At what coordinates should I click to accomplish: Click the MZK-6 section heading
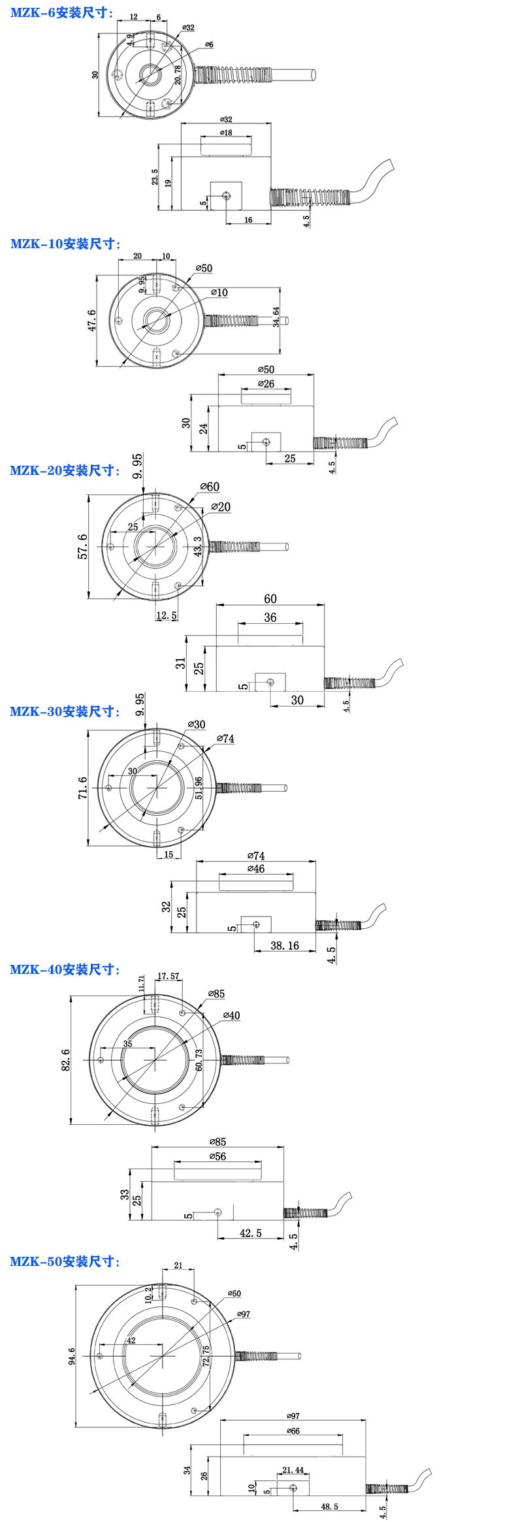pos(61,12)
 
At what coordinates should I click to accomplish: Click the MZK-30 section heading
pos(65,711)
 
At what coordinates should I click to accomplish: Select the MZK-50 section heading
pos(65,1261)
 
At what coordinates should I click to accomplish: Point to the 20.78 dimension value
pos(178,75)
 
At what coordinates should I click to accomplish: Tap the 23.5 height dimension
pos(154,177)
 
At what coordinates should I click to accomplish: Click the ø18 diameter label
pos(226,133)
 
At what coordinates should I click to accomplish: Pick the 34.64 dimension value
pos(276,317)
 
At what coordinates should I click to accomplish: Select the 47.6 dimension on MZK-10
pos(91,320)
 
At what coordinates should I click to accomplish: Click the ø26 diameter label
pos(266,384)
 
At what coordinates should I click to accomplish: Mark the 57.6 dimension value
pos(83,546)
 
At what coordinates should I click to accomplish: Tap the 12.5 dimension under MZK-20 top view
pos(167,615)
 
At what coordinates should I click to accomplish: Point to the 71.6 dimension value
pos(83,788)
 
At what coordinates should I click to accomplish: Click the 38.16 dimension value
pos(285,945)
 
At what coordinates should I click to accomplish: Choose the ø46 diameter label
pos(256,869)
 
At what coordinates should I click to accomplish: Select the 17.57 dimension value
pos(168,977)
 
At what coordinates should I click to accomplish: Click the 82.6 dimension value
pos(65,1060)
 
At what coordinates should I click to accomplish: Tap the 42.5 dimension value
pos(251,1233)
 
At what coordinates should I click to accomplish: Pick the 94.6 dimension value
pos(71,1356)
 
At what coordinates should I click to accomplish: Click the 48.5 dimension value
pos(329,1506)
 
